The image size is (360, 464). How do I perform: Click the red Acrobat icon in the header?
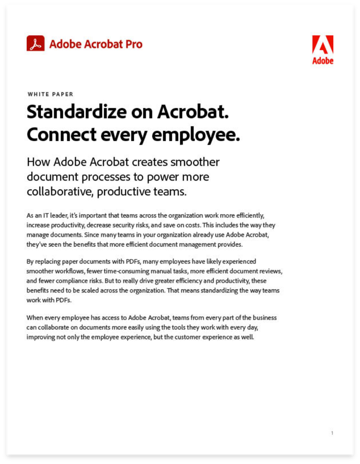(36, 44)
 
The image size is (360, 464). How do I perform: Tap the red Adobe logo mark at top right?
(323, 45)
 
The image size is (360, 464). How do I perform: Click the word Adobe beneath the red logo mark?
(323, 61)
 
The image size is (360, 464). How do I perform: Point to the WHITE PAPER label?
(50, 95)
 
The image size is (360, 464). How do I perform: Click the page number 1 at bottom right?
(332, 433)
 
